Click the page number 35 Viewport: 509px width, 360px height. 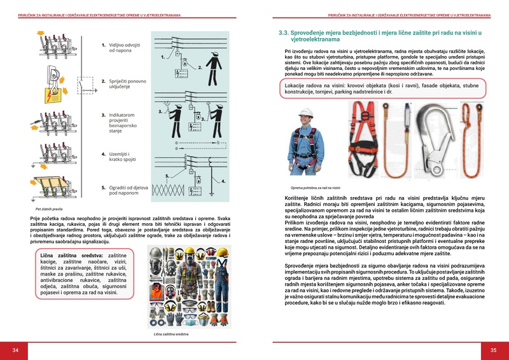[x=493, y=350]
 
